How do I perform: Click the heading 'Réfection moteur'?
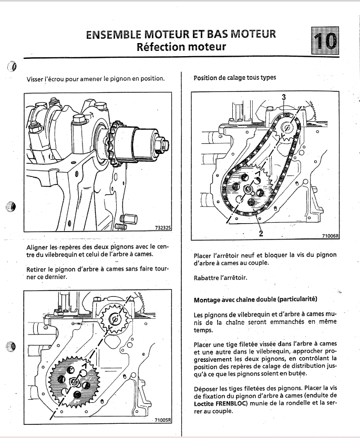point(181,47)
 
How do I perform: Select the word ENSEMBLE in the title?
point(114,35)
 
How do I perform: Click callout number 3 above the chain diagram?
point(284,97)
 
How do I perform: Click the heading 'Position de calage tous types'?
point(234,78)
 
